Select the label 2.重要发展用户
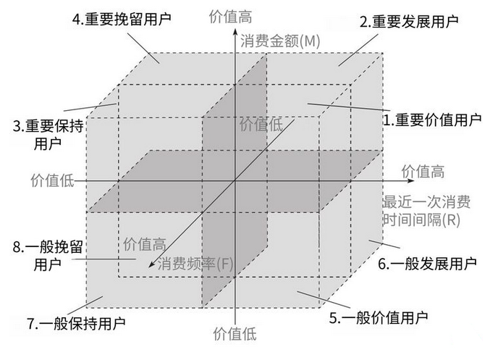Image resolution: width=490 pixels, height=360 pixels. pyautogui.click(x=409, y=22)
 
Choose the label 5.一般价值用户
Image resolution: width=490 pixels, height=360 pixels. pyautogui.click(x=379, y=317)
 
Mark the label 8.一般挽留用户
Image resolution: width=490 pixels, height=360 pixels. pyautogui.click(x=48, y=255)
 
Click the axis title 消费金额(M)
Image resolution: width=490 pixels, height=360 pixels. pyautogui.click(x=281, y=41)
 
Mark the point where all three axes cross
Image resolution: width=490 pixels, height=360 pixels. pyautogui.click(x=232, y=180)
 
